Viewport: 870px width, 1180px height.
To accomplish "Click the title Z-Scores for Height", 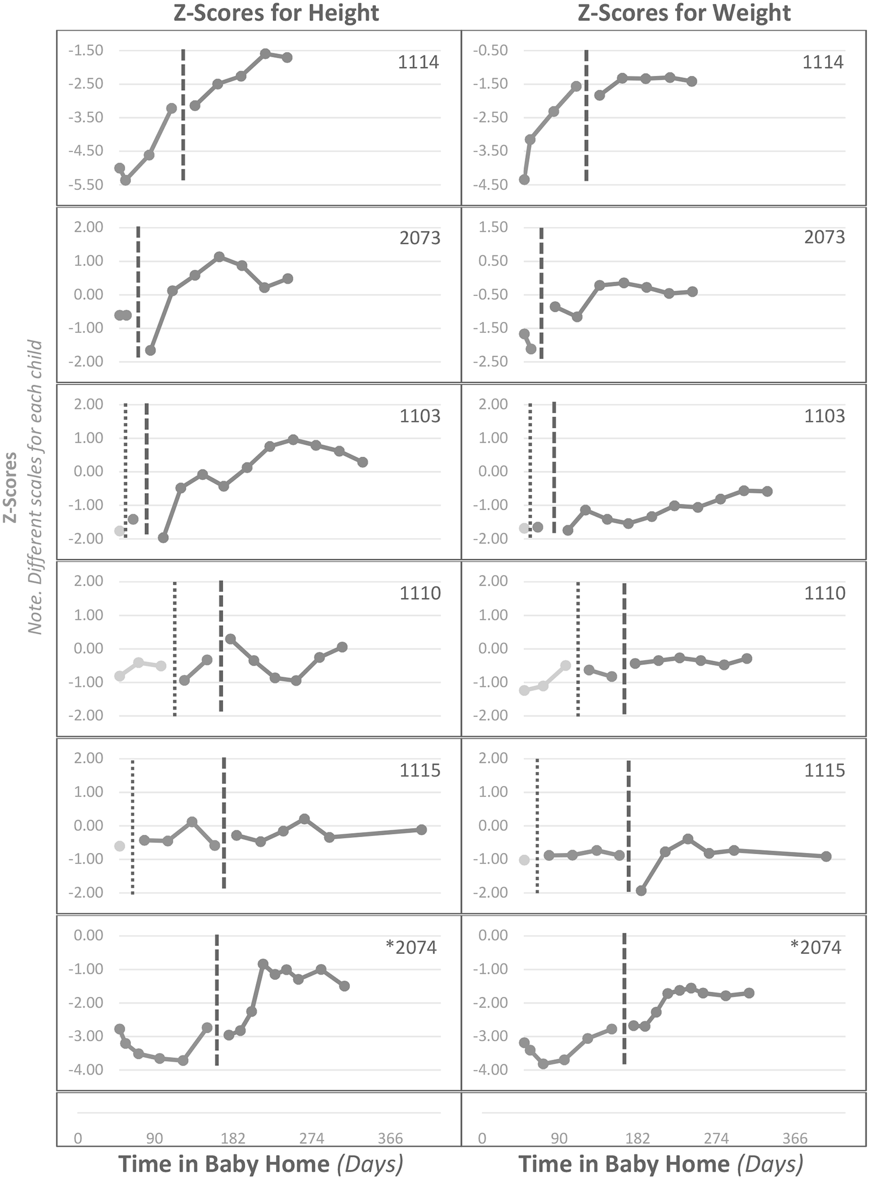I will tap(275, 12).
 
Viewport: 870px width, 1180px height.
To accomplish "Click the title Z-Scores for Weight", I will tap(684, 12).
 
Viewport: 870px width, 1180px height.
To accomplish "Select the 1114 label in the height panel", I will tap(418, 62).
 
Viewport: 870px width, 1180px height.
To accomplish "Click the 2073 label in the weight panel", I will tap(824, 237).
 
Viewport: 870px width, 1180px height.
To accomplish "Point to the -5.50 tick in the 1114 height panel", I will tap(86, 185).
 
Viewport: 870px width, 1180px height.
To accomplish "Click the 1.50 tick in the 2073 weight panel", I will tap(493, 227).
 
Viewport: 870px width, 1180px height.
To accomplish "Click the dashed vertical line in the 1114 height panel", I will tap(183, 113).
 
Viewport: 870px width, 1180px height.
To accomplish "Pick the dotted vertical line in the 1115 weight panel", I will tap(537, 825).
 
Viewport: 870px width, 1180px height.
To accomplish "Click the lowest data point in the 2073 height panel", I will tap(150, 350).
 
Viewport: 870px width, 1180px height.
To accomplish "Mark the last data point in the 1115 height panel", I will tap(421, 829).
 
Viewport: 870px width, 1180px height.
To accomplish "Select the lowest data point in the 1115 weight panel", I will tap(641, 890).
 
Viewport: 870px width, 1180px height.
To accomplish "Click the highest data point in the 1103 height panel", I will tap(293, 440).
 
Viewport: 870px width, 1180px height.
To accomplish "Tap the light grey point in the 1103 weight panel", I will tap(524, 528).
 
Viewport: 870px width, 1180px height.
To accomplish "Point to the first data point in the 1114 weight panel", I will tap(524, 180).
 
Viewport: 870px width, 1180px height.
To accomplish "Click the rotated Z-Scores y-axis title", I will tap(10, 487).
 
